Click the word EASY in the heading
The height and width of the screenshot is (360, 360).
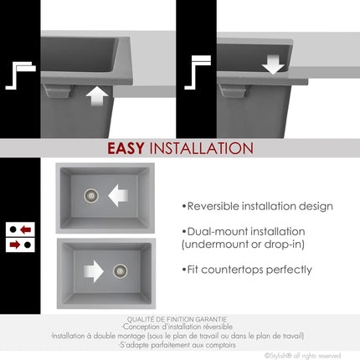[126, 148]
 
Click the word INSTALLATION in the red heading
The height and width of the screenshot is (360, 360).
[201, 148]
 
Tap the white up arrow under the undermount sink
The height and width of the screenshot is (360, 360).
[97, 96]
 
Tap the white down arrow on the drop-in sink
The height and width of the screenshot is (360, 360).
[273, 64]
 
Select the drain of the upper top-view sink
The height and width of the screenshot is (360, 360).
[91, 195]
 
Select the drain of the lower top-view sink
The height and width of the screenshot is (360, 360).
[121, 270]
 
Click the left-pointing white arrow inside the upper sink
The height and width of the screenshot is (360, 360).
[118, 195]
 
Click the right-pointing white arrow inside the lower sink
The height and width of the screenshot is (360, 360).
[94, 271]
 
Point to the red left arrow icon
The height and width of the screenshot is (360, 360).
[26, 229]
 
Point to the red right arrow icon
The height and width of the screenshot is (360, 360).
[15, 244]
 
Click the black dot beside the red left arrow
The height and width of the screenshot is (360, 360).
[13, 229]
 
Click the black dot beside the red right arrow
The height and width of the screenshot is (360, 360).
[28, 244]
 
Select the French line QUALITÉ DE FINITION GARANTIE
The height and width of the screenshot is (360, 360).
[177, 319]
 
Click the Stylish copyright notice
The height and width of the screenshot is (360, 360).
[302, 356]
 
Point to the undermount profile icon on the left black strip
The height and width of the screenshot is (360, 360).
[21, 75]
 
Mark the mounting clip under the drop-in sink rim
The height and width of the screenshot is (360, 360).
[233, 90]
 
